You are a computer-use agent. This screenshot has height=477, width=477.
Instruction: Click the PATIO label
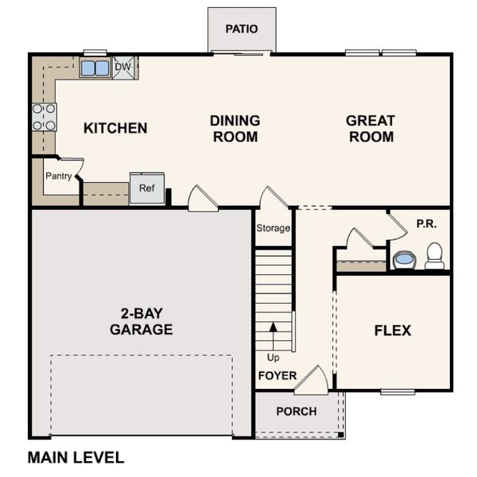(x=242, y=29)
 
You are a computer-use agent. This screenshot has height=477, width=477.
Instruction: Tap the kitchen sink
(x=95, y=68)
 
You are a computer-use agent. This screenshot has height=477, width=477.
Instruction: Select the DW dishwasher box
(x=123, y=68)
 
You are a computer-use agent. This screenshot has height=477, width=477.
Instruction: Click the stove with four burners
(x=45, y=117)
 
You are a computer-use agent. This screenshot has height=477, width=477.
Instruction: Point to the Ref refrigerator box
(x=147, y=188)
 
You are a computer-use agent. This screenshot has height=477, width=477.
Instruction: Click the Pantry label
(x=59, y=176)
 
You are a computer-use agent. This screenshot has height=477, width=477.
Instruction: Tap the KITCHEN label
(x=115, y=128)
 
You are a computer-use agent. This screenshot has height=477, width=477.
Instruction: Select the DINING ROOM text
(x=235, y=129)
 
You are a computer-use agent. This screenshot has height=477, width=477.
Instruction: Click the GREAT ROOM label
(x=370, y=129)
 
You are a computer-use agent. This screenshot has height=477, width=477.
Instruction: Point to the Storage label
(x=273, y=228)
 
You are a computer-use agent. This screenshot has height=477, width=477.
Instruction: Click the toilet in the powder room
(x=434, y=256)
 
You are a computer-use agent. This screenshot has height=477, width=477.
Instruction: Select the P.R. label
(x=426, y=224)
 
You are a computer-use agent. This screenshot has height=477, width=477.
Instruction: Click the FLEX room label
(x=393, y=330)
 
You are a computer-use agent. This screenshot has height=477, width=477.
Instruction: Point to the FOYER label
(x=277, y=375)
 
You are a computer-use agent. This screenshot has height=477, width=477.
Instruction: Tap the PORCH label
(x=296, y=411)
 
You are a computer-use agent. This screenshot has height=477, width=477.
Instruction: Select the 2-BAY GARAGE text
(x=142, y=322)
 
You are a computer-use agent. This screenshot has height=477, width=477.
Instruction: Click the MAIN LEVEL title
(x=76, y=457)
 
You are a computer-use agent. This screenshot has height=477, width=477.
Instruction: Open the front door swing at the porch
(x=312, y=381)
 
